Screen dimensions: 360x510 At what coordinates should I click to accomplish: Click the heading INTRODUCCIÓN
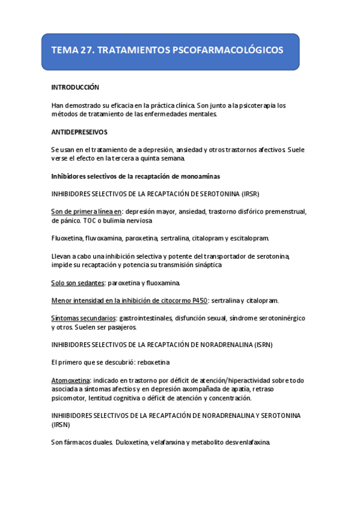[x=75, y=87]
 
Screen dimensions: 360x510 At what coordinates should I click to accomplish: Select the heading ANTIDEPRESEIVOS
[x=79, y=132]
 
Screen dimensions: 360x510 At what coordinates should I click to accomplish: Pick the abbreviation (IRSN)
[x=61, y=425]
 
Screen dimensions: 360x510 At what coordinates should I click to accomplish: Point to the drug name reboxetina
[x=153, y=363]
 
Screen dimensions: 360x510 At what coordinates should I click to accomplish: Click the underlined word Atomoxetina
[x=71, y=380]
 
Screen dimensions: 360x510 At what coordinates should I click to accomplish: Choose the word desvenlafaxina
[x=245, y=442]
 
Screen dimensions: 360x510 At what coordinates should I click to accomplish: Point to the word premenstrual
[x=280, y=212]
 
